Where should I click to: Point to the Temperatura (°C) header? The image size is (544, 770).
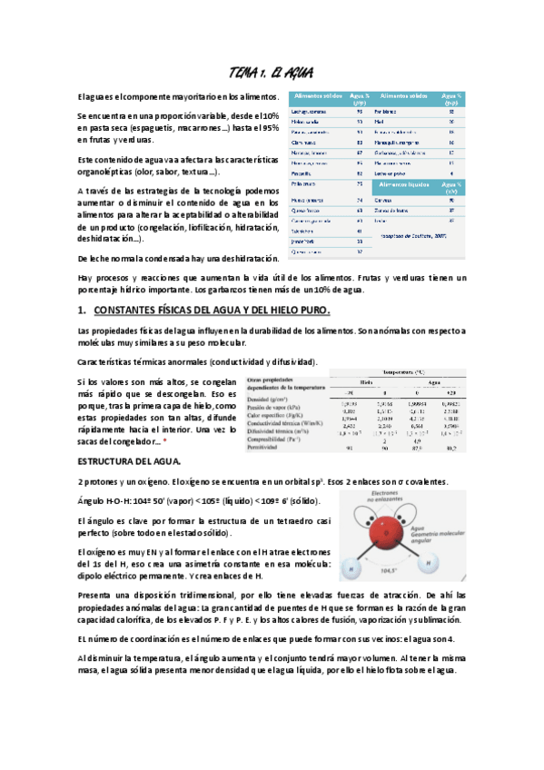(408, 371)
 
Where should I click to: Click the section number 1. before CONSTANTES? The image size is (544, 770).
(83, 311)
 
